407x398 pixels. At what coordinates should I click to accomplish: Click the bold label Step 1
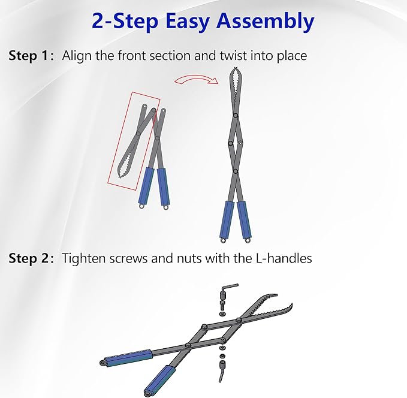(29, 55)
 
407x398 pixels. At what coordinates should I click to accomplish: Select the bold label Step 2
(29, 258)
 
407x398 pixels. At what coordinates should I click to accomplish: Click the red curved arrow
(197, 80)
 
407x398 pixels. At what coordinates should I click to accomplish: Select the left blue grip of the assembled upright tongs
(227, 220)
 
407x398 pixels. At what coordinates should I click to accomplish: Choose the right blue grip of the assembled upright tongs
(244, 220)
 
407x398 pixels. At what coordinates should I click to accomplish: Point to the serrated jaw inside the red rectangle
(126, 162)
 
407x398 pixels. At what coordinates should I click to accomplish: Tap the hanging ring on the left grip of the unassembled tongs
(141, 206)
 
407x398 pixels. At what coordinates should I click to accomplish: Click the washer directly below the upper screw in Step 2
(222, 315)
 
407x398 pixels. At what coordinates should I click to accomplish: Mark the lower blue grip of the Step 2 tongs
(159, 379)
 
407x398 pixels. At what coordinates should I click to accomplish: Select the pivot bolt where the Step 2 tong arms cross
(188, 345)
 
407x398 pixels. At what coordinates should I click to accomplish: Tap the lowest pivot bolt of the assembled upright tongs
(236, 171)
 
